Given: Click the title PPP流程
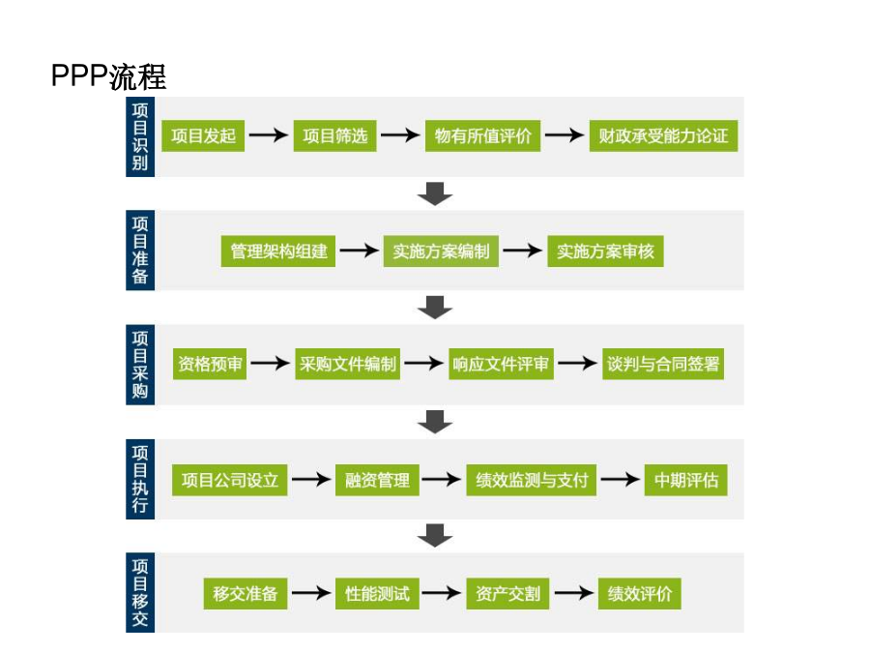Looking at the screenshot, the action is [x=108, y=76].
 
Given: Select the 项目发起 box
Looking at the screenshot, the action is [x=203, y=135].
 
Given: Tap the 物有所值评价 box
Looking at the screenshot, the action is [x=482, y=135].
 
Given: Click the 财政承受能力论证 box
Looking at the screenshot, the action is [x=663, y=135].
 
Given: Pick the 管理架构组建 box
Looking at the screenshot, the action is [x=278, y=251].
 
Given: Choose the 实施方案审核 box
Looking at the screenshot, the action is [x=605, y=251].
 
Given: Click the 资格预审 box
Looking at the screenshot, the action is [x=210, y=364].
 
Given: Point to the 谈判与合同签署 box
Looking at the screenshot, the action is [x=663, y=364].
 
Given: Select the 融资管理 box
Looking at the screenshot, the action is [x=377, y=480].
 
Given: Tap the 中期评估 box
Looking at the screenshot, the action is [x=685, y=480].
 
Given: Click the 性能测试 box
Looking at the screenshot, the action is [x=377, y=594].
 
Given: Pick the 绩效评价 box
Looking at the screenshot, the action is [x=639, y=594].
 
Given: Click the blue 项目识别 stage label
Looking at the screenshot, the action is [x=140, y=136].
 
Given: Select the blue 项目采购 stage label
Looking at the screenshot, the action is [x=140, y=365].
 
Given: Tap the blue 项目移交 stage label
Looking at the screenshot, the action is [x=140, y=592].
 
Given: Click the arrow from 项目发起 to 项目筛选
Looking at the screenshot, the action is [x=269, y=134].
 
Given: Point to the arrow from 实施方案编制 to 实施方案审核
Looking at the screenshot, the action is [x=523, y=251].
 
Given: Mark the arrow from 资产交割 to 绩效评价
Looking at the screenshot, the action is [x=573, y=593].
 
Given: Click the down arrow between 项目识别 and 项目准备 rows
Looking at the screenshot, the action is [x=435, y=193].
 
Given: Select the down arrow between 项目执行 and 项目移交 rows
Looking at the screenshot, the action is [x=435, y=535].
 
